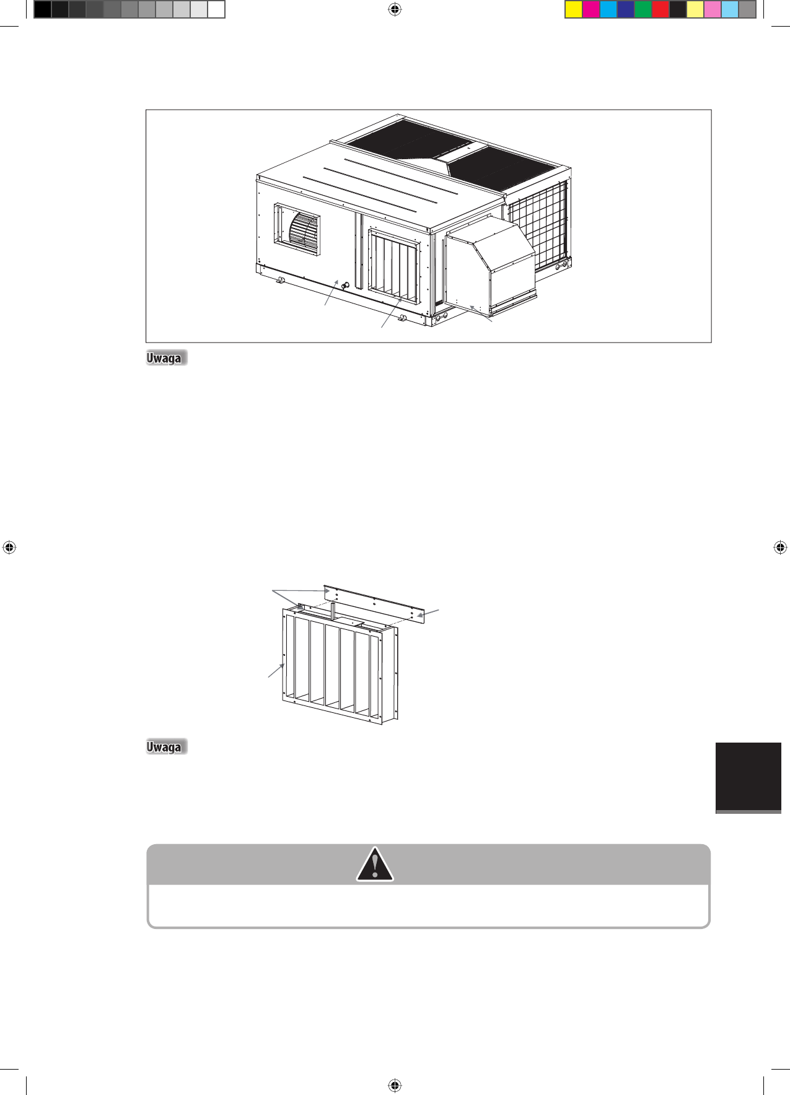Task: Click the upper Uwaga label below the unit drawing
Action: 165,358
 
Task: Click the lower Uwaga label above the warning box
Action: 165,747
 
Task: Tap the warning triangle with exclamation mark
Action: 375,864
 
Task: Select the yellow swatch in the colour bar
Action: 574,9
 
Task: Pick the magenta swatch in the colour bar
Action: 591,9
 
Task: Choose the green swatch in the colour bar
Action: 643,9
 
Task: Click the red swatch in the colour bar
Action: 661,9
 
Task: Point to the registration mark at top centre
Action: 395,9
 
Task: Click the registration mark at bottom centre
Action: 395,1085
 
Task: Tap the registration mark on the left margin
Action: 9,547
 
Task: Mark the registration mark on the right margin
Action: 781,547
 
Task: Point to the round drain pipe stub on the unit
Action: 346,286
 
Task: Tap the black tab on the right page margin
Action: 748,777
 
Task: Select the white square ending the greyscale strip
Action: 216,9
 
